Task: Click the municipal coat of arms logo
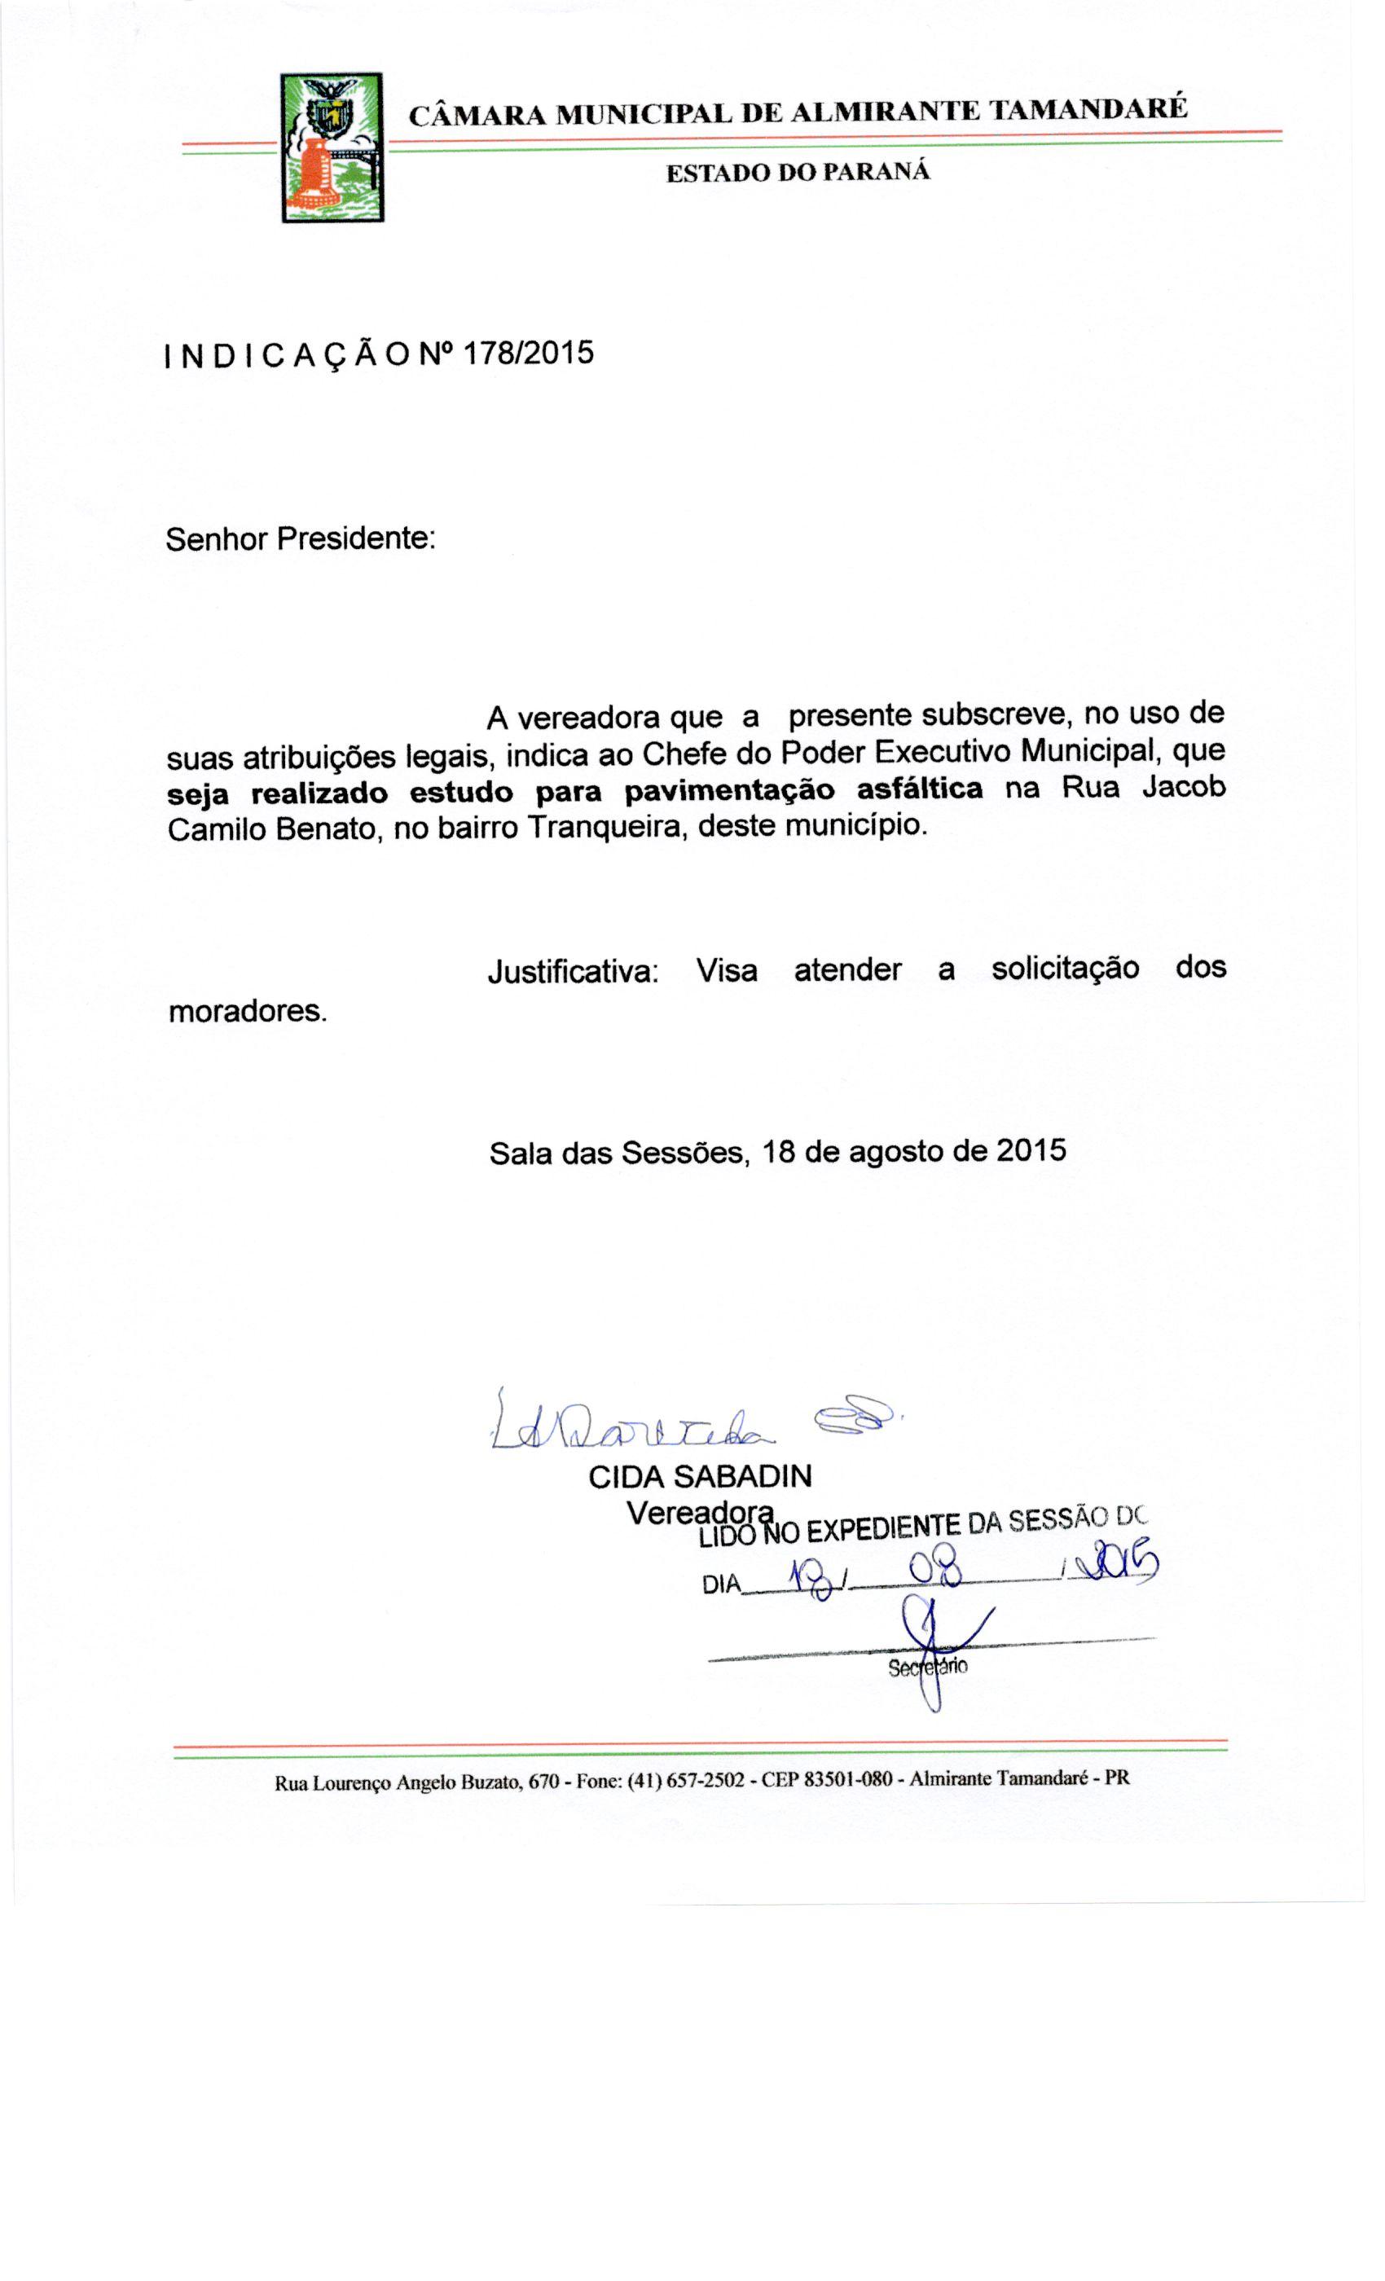click(332, 147)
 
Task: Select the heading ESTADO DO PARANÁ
click(797, 172)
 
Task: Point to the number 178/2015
click(527, 353)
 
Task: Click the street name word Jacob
click(1183, 787)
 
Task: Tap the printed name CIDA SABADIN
click(700, 1475)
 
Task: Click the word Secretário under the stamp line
click(928, 1668)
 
